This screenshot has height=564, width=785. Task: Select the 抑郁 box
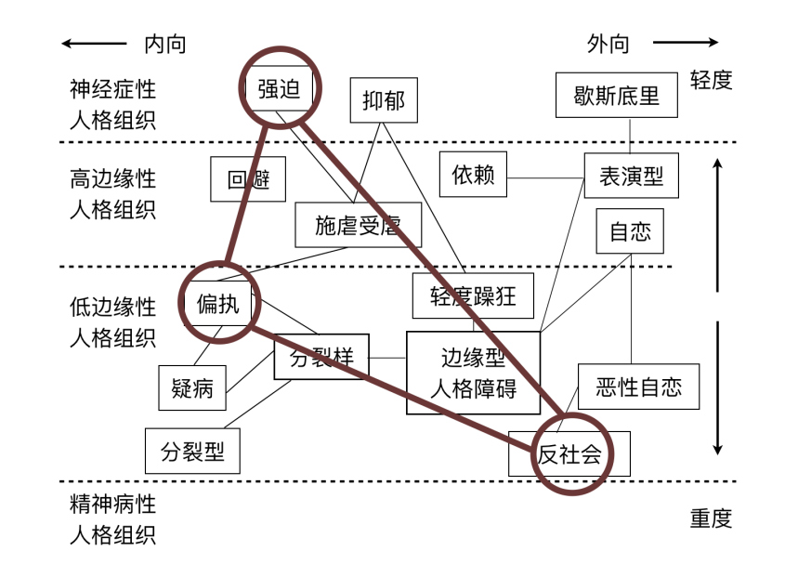384,99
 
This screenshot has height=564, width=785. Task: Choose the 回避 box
248,179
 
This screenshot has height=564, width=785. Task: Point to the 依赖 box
473,175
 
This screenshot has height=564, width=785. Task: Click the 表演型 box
631,176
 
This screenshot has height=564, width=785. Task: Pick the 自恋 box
630,231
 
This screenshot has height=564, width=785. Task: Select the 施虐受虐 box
358,225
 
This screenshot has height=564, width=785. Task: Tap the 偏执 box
217,304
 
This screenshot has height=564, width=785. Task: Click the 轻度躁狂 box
473,296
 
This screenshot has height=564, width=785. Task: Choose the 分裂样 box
321,358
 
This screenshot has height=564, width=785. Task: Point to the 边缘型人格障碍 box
473,373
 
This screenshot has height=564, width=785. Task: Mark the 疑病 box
192,387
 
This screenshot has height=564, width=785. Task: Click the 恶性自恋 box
638,387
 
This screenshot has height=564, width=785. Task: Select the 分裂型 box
192,452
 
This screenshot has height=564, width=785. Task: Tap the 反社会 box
569,453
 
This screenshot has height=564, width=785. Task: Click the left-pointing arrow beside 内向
94,43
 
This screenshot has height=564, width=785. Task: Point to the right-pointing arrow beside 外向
685,42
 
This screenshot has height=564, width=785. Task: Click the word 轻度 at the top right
711,80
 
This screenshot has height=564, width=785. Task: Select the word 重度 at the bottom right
711,518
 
